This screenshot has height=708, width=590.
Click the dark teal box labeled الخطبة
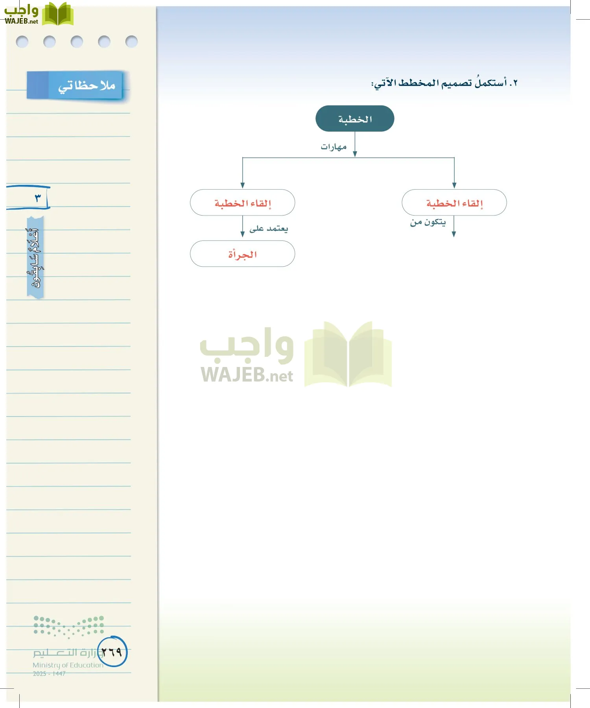(355, 119)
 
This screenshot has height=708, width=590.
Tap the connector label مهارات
(334, 147)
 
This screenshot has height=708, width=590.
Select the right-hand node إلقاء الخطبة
(454, 203)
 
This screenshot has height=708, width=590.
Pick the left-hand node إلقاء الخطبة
(243, 203)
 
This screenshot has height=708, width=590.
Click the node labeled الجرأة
(243, 254)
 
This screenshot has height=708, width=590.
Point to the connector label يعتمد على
(269, 229)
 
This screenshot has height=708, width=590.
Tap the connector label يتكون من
(428, 222)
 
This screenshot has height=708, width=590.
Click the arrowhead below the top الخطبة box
(355, 154)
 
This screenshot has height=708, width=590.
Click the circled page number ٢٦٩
(112, 652)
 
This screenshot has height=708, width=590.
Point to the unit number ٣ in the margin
(38, 197)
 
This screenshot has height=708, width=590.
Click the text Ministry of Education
(68, 665)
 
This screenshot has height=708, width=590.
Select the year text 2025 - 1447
(49, 674)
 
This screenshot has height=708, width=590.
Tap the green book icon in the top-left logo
(57, 14)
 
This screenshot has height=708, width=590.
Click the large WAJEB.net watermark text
(247, 375)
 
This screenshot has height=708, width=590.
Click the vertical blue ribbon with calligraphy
(35, 258)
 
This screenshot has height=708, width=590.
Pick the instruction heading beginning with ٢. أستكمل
(444, 83)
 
